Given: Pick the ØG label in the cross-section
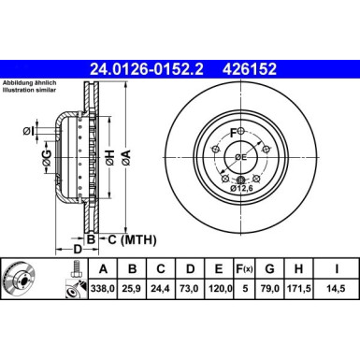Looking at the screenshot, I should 46,166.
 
